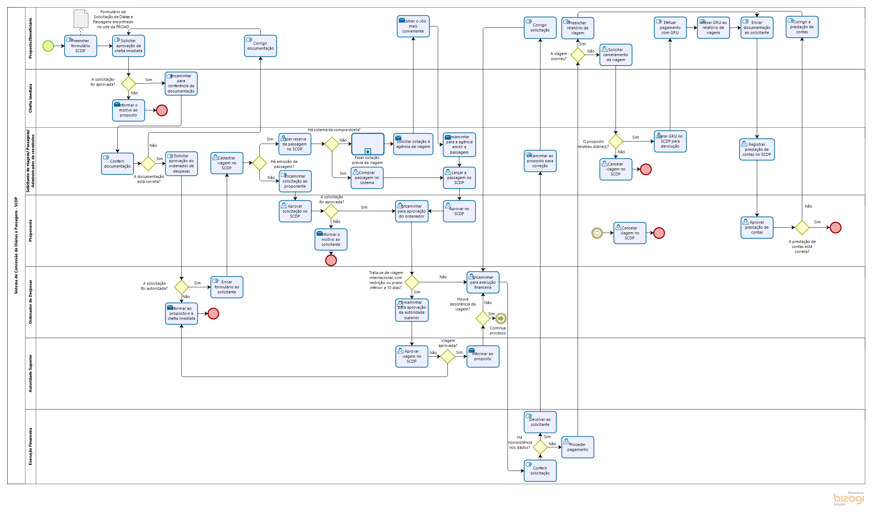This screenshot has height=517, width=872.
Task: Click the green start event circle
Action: [x=48, y=46]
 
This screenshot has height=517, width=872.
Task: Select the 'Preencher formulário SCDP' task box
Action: [x=80, y=46]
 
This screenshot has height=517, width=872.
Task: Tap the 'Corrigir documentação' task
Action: [x=260, y=46]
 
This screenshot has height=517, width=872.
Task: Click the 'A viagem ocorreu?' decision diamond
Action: [x=578, y=55]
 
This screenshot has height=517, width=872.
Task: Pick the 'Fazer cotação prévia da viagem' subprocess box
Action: [x=368, y=144]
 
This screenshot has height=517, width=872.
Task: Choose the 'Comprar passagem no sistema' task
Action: [x=367, y=178]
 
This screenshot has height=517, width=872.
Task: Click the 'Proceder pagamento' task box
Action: [x=578, y=447]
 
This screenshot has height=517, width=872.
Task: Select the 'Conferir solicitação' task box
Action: [x=540, y=471]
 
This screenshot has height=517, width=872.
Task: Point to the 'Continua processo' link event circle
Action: [x=501, y=318]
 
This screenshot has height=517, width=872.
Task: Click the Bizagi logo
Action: [x=848, y=498]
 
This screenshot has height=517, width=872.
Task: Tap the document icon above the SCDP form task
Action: [x=81, y=19]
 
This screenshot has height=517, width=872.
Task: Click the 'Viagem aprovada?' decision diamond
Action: [x=447, y=356]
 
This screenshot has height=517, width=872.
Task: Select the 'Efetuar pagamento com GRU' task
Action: [x=670, y=28]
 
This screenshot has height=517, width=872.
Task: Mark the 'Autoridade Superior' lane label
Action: [x=30, y=373]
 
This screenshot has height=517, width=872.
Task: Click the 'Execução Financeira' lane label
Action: [x=30, y=446]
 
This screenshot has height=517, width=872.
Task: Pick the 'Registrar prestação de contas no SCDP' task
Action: [x=757, y=149]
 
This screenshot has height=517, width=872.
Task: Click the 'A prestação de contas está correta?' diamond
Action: [x=802, y=227]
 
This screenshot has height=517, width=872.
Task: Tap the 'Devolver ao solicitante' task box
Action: [x=540, y=422]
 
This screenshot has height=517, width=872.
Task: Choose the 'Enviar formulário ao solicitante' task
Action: [x=227, y=287]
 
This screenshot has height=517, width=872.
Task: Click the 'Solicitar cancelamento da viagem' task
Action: [x=616, y=55]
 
